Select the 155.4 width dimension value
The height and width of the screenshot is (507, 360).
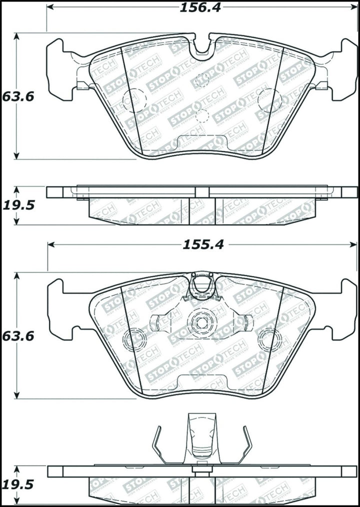pyautogui.click(x=202, y=244)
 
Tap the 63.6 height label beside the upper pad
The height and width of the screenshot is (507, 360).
pyautogui.click(x=17, y=96)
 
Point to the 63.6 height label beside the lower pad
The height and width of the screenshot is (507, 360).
pyautogui.click(x=17, y=336)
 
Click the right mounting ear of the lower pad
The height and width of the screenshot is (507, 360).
pyautogui.click(x=344, y=309)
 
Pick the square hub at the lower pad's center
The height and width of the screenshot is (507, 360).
pyautogui.click(x=202, y=322)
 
